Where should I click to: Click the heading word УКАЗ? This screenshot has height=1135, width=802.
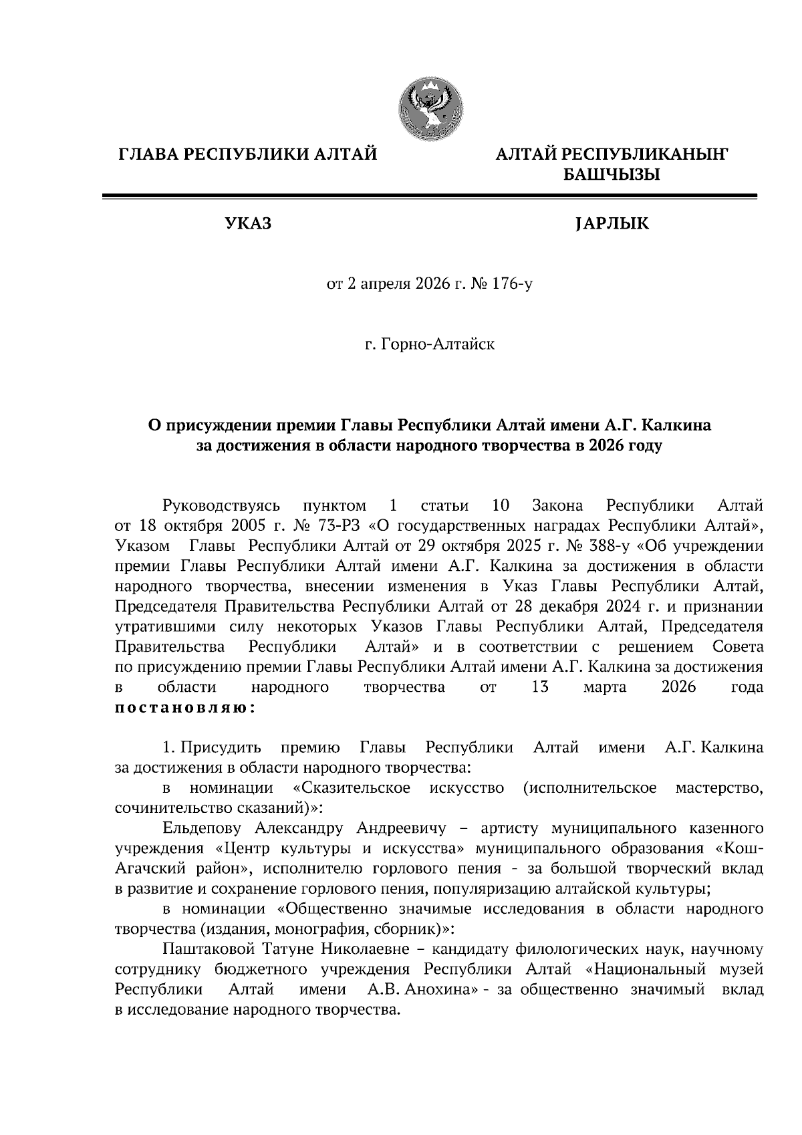tap(249, 224)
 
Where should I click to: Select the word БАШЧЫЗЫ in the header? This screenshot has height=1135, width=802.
tap(612, 176)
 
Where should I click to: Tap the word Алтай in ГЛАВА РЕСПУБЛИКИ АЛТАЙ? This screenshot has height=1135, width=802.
tap(346, 156)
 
